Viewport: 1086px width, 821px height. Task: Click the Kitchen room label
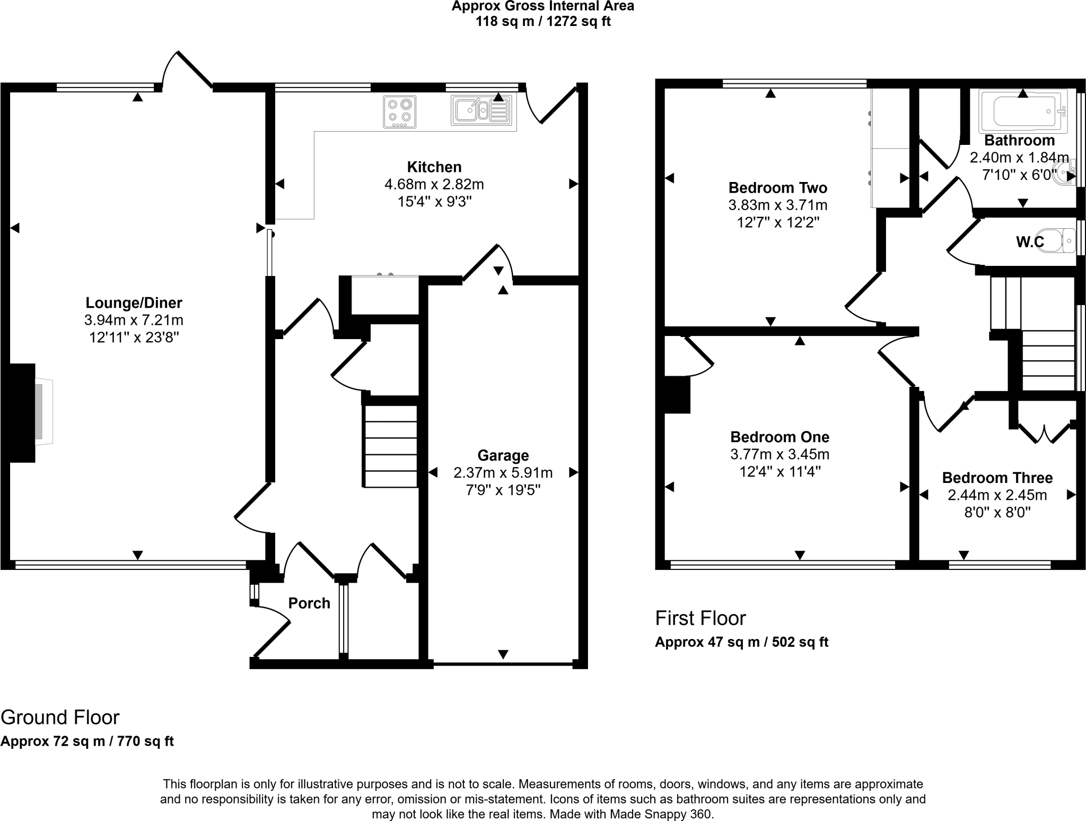(434, 167)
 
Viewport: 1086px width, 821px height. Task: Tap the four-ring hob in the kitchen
(399, 112)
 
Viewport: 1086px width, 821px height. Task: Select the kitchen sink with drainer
(482, 111)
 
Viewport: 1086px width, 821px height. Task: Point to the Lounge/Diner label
(134, 303)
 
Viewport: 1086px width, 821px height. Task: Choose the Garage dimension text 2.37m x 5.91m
(503, 472)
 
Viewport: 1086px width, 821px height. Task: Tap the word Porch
(309, 603)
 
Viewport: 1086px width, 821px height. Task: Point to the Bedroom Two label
(777, 188)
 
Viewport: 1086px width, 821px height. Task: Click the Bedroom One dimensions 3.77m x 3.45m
(780, 454)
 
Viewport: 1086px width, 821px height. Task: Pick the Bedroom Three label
(997, 478)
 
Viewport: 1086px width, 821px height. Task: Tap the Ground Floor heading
(60, 718)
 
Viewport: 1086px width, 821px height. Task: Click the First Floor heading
(700, 618)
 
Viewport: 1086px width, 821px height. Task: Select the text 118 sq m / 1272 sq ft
(543, 22)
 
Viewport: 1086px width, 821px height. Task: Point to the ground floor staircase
(390, 446)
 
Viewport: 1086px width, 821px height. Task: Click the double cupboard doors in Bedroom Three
(1044, 433)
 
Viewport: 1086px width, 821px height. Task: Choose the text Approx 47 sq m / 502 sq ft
(741, 642)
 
